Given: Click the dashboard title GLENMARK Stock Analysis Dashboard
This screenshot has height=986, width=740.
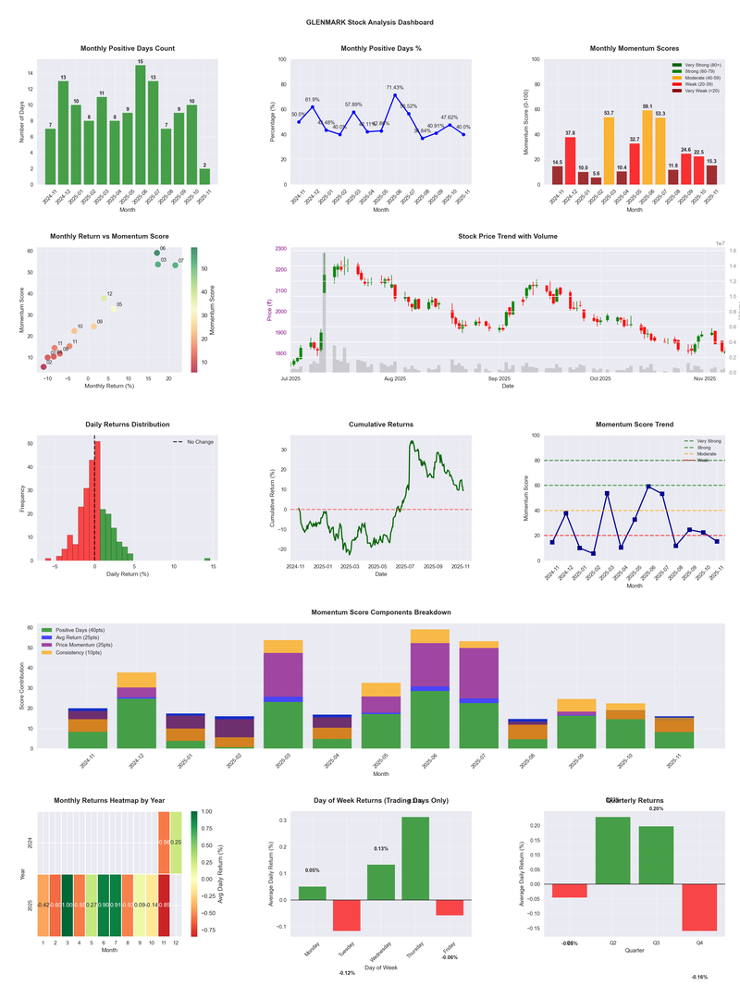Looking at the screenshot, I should coord(370,21).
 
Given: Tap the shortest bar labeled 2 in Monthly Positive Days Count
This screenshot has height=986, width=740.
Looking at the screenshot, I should coord(204,176).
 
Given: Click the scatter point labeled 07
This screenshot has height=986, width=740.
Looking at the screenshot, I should coord(175,265).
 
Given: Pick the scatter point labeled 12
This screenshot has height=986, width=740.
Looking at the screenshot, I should coord(105,299).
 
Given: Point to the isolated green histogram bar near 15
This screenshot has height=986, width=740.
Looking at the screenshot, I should coord(207,559).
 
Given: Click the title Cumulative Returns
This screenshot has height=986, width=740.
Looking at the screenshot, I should coord(381,425).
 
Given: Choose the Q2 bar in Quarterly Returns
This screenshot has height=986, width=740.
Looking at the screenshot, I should coord(612,850).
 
